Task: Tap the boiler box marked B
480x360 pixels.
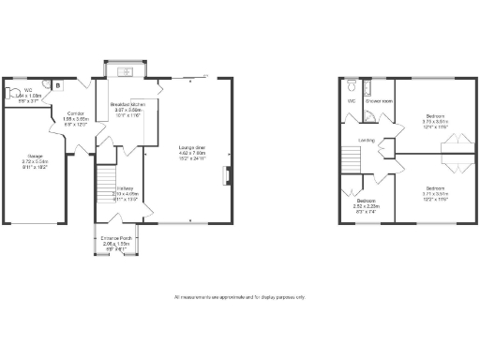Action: [x=57, y=85]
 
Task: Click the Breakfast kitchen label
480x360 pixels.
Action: [x=127, y=104]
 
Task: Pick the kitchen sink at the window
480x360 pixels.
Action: [x=126, y=73]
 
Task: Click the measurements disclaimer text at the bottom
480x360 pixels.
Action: [x=240, y=297]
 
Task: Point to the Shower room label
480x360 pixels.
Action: [x=379, y=100]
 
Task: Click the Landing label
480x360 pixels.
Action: [x=368, y=141]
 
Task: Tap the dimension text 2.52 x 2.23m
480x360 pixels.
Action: [x=365, y=206]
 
